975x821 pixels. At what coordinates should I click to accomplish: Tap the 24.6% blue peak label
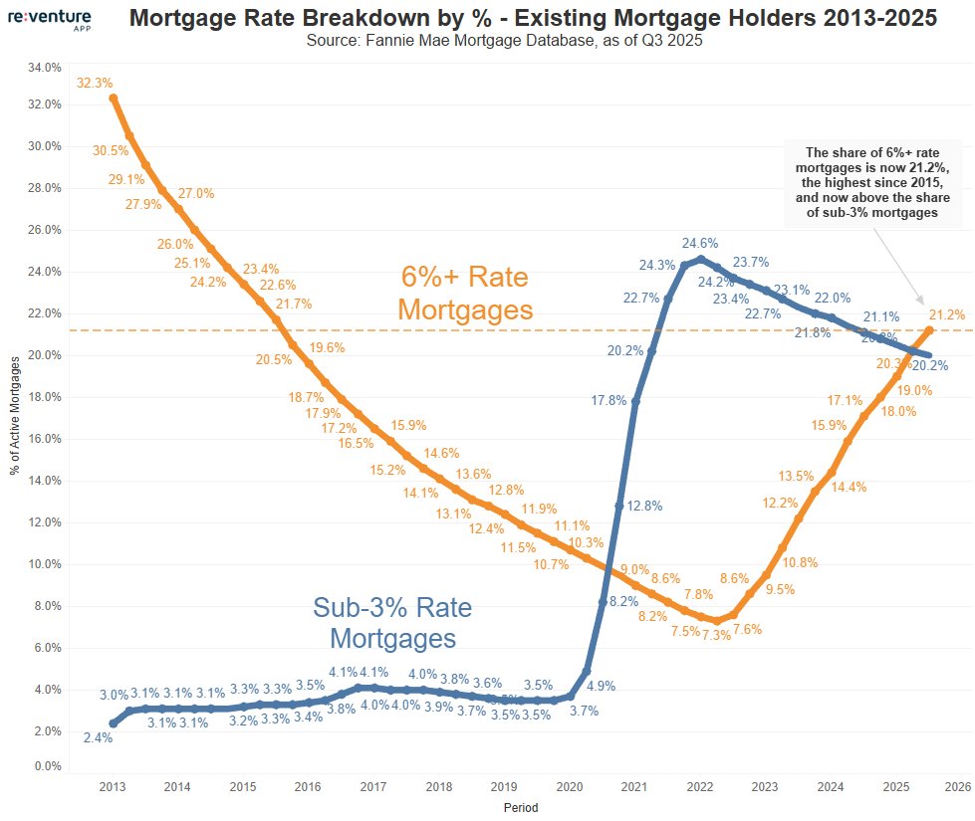(x=699, y=243)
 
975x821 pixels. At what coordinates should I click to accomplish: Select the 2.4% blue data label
(x=98, y=737)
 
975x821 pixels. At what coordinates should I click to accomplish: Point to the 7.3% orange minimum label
(x=716, y=636)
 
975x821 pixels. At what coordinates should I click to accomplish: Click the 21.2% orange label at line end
(x=947, y=314)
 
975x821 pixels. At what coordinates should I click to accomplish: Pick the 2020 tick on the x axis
(x=568, y=787)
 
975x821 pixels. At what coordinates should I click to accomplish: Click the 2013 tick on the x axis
(x=112, y=787)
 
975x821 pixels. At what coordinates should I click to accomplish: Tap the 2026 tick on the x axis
(x=957, y=787)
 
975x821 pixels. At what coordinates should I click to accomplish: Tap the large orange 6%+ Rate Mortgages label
(x=465, y=293)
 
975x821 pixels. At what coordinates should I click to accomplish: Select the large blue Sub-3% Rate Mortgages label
(x=392, y=622)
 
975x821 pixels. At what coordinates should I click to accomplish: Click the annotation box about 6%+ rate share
(x=873, y=182)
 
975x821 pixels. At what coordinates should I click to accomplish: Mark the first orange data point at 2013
(x=113, y=98)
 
